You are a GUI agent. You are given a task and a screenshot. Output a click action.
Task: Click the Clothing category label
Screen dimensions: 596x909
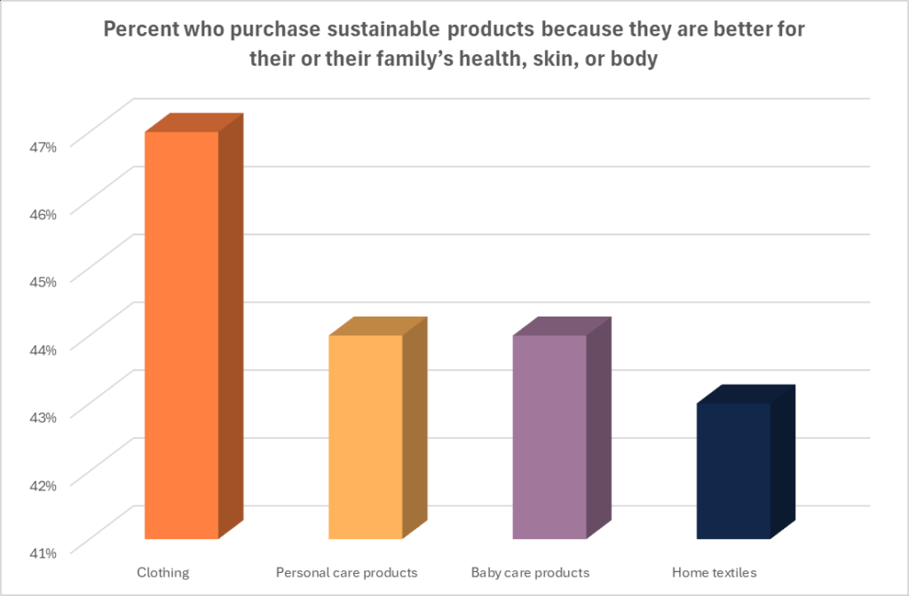click(x=162, y=572)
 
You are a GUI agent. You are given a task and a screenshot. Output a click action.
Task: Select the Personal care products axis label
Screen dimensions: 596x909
click(x=346, y=572)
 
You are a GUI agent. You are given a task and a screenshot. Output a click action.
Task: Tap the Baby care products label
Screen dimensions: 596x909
click(x=530, y=572)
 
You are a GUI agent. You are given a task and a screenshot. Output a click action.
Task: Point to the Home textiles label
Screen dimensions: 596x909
click(x=715, y=572)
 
